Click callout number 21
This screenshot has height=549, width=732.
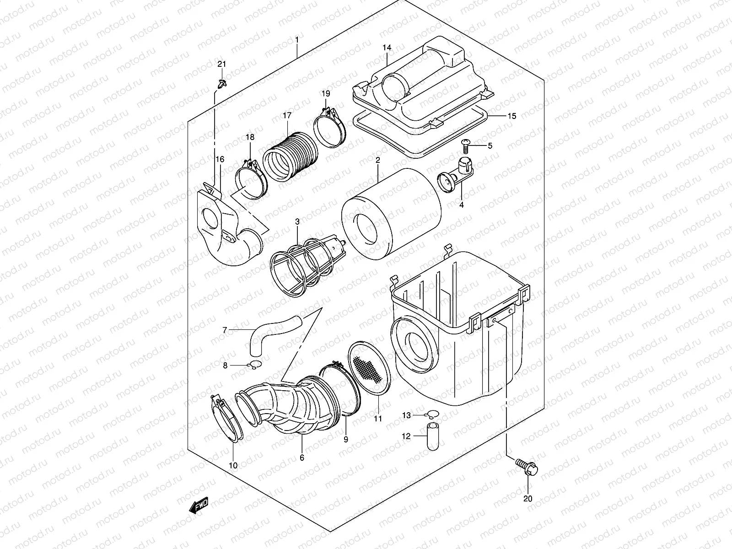(x=221, y=64)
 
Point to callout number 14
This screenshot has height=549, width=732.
(x=387, y=48)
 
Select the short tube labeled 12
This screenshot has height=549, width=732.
(x=432, y=437)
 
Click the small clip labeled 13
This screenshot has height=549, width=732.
(x=430, y=415)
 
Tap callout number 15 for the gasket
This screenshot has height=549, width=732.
(x=511, y=116)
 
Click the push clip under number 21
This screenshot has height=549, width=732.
(x=222, y=84)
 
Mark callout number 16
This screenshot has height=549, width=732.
(x=220, y=159)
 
